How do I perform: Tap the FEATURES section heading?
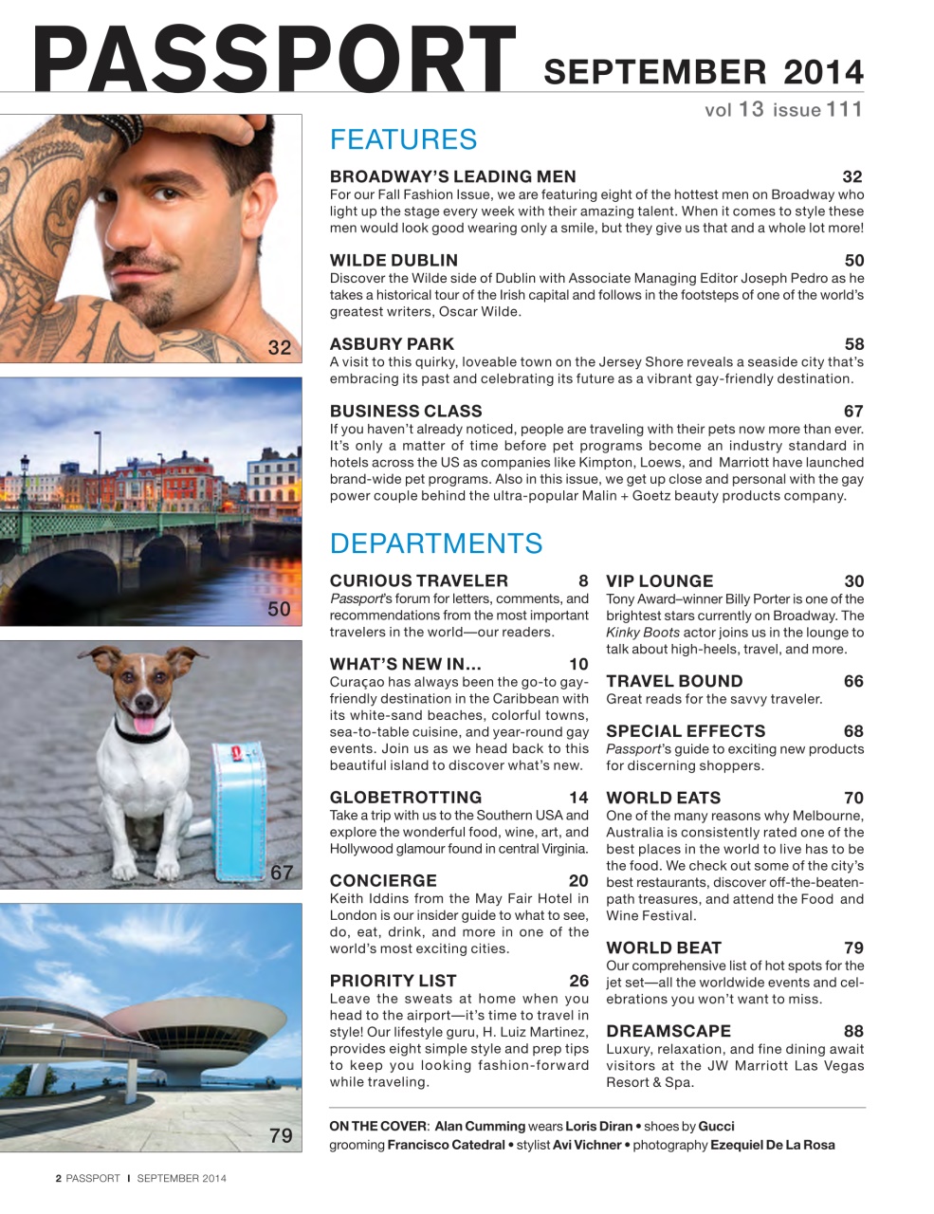click(x=403, y=139)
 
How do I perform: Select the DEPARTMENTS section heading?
click(x=436, y=543)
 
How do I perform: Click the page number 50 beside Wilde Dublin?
click(x=853, y=260)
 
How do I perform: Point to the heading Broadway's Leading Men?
click(x=452, y=176)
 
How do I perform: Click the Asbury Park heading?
click(x=392, y=344)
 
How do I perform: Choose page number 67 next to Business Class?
click(x=853, y=411)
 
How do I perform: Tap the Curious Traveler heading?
click(x=418, y=580)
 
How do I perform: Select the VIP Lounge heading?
click(x=659, y=581)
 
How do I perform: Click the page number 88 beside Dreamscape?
click(x=853, y=1031)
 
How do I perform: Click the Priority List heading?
click(x=393, y=981)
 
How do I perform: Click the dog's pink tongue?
click(x=146, y=726)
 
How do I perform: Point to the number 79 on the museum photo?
click(x=281, y=1135)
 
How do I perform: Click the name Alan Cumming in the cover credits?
click(x=479, y=1126)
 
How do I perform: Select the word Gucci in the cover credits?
click(x=716, y=1126)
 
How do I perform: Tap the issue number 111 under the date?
click(x=844, y=109)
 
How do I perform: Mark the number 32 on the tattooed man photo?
click(x=280, y=347)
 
